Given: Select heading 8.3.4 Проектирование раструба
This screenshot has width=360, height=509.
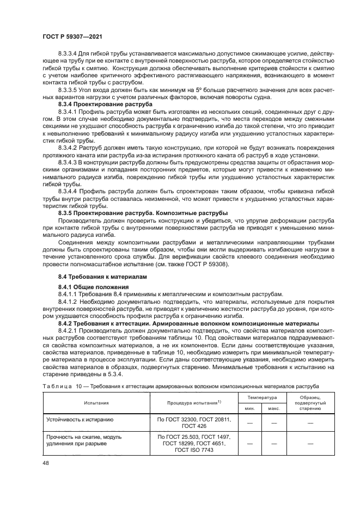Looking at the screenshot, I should coord(98,104).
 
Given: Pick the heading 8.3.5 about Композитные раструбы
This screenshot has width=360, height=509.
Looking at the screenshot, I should coord(143,212).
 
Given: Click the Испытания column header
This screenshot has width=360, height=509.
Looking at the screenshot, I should coord(96,403).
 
